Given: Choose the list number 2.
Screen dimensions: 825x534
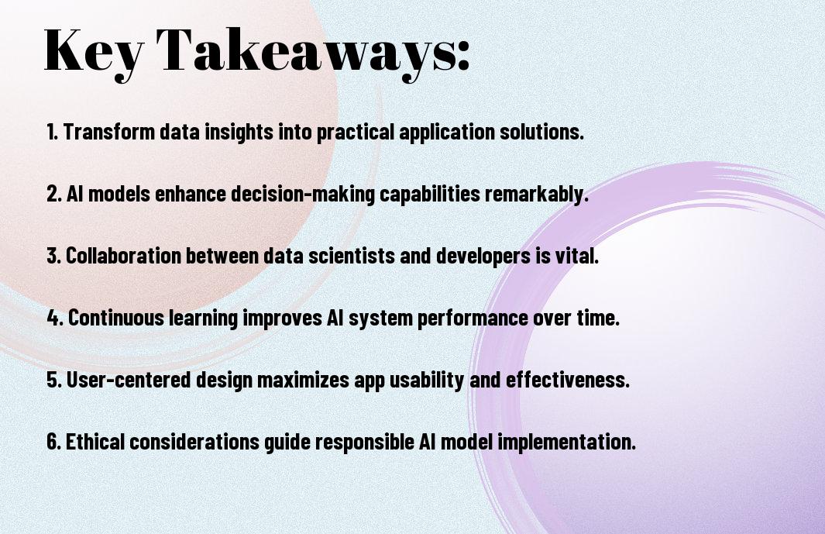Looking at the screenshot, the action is [x=53, y=194].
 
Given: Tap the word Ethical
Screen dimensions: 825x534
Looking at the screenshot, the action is [x=95, y=441].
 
